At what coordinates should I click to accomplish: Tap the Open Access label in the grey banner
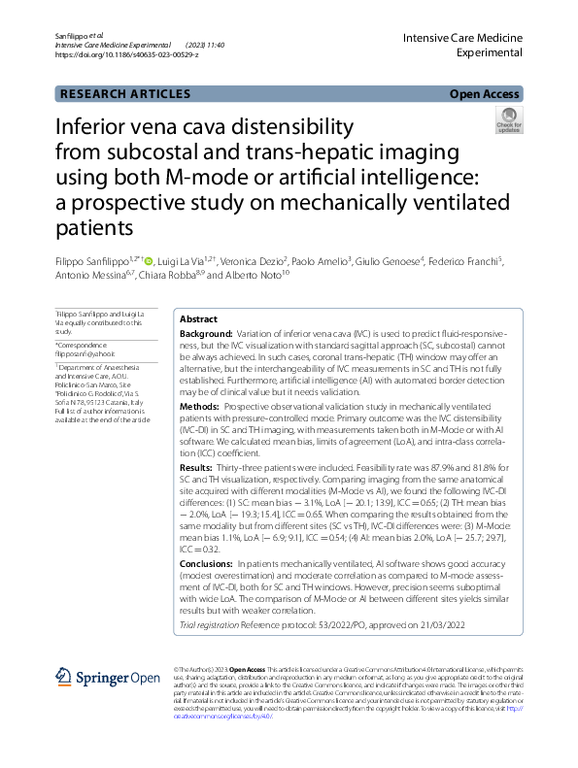click(x=484, y=94)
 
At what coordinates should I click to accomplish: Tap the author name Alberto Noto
click(x=255, y=276)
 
